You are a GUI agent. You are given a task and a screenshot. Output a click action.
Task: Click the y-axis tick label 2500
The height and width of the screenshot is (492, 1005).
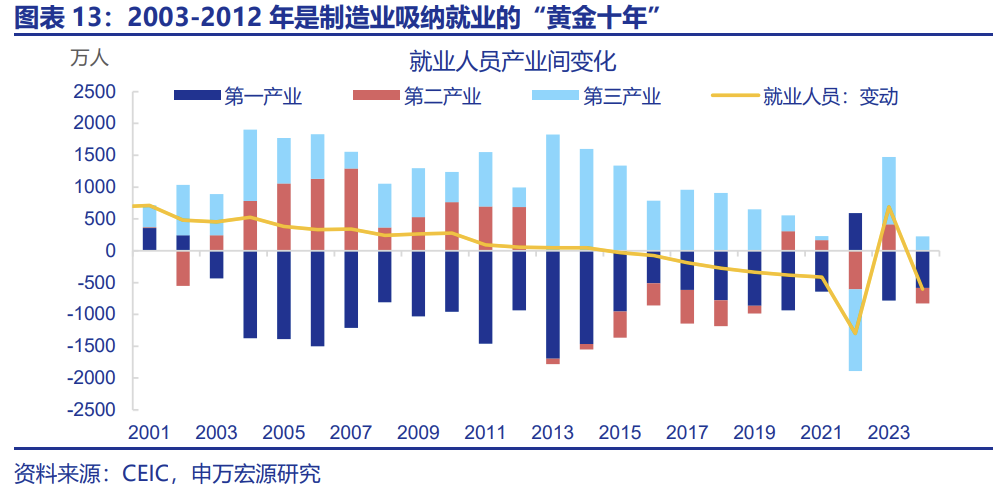tap(96, 92)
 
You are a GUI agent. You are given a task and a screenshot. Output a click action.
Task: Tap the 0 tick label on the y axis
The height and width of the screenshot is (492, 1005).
tap(111, 251)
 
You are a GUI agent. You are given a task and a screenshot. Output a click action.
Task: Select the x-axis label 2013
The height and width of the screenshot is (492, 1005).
tap(552, 433)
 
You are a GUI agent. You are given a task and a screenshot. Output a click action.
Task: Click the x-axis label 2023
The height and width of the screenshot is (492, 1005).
tap(888, 433)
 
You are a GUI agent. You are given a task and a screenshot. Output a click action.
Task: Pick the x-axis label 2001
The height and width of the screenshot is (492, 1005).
tap(149, 433)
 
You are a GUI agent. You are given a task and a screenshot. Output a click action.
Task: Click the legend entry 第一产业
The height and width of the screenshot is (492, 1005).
tap(263, 97)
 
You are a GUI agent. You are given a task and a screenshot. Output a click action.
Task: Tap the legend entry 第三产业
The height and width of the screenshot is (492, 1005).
tap(622, 97)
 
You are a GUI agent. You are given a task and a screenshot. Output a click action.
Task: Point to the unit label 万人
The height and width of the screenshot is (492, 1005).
tap(89, 57)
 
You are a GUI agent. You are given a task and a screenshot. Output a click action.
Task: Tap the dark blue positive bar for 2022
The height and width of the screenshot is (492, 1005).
tap(855, 231)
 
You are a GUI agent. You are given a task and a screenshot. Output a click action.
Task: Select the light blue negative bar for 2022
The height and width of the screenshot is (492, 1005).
tap(855, 330)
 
